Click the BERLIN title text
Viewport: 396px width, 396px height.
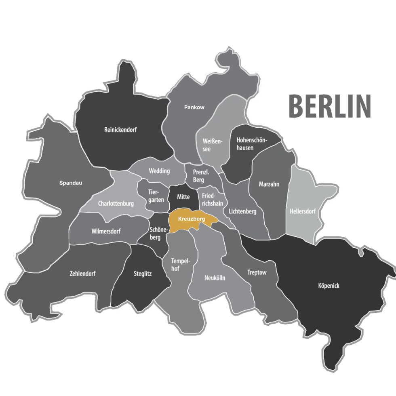329,106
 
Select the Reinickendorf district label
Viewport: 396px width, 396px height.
120,130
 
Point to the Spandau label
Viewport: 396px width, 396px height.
71,183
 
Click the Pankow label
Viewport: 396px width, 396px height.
194,107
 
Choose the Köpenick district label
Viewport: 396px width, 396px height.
328,286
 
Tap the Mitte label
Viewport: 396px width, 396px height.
183,197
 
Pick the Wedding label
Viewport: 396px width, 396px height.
159,171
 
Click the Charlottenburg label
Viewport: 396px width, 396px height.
116,204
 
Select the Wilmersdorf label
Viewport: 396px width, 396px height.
106,232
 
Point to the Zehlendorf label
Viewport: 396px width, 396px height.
82,274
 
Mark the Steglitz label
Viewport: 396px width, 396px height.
143,274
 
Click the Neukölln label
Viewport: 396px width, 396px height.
215,278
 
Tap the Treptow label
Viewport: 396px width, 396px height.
257,272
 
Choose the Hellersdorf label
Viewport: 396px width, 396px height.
303,211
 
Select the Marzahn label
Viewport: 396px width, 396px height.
269,184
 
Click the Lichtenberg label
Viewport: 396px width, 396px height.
242,211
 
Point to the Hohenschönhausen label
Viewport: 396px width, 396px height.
251,144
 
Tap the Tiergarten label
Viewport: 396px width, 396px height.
156,196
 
